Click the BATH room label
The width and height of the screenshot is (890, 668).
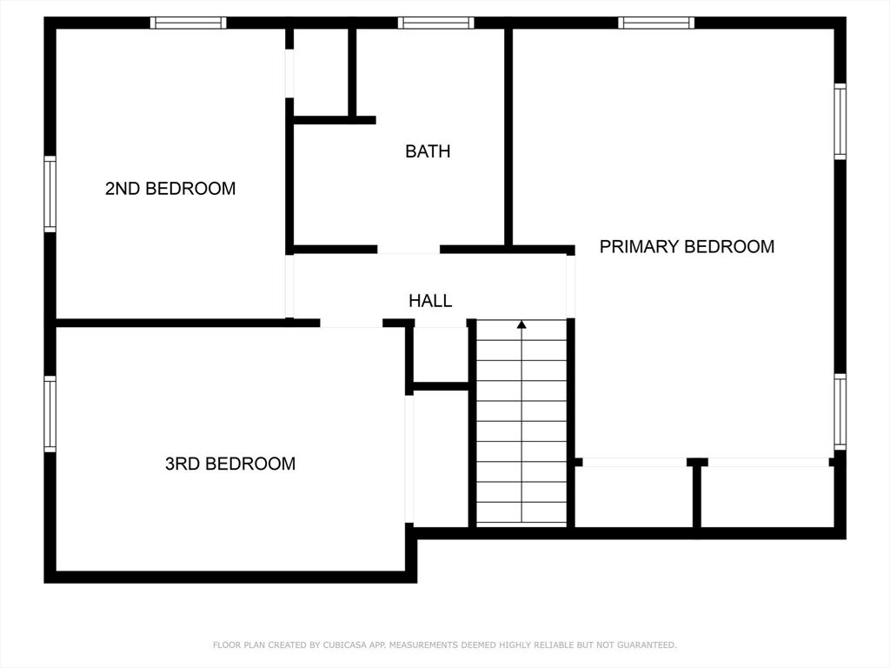[428, 151]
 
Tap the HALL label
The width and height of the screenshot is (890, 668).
[430, 300]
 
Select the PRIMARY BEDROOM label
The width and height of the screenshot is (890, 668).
[687, 246]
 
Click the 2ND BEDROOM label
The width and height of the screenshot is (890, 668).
[170, 189]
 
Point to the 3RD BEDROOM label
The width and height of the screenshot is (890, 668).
[230, 464]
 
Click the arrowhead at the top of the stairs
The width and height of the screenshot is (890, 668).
[521, 324]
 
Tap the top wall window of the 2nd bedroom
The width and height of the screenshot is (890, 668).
[189, 23]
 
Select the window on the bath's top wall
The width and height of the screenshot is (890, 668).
[436, 23]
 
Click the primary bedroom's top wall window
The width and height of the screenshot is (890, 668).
[656, 23]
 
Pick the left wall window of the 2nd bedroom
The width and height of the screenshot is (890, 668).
[50, 194]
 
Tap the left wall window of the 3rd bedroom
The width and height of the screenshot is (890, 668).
[50, 414]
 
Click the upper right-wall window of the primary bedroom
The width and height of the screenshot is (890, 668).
[840, 121]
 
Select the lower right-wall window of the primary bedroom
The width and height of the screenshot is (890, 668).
[840, 411]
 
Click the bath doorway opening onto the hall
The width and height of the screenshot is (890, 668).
[408, 250]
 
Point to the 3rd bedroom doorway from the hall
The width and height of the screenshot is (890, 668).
[351, 324]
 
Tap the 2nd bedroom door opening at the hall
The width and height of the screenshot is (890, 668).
[289, 286]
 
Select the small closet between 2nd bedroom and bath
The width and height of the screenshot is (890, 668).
[321, 72]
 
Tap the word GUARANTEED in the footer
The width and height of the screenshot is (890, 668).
[647, 645]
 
